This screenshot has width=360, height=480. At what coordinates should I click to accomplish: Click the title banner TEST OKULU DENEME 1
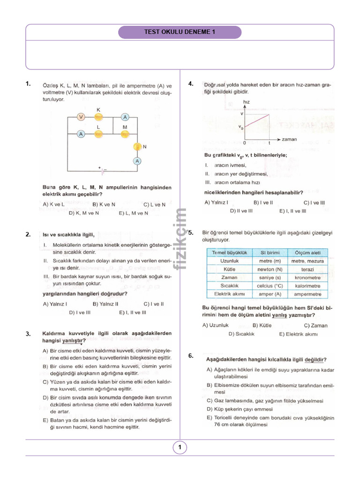180,32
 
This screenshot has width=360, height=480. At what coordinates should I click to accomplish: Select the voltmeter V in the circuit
81,117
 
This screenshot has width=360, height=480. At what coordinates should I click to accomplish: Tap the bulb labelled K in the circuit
98,117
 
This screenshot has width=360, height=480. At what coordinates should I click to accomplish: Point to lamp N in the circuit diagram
138,147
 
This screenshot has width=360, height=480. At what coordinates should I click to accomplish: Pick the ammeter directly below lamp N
138,161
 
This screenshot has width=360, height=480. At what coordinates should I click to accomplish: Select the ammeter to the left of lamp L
81,134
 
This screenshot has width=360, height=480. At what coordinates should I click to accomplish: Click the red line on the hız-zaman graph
257,120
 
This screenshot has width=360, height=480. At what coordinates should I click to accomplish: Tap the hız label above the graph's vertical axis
247,102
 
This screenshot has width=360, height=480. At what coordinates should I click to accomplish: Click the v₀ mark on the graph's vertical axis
240,127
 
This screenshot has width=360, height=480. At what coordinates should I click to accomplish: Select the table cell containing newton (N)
270,270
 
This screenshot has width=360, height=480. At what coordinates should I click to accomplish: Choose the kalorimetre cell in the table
307,286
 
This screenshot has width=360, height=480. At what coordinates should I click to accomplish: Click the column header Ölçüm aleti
307,253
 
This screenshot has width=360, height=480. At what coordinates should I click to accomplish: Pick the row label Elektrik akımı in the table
230,294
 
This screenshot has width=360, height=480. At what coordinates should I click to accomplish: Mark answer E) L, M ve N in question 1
134,213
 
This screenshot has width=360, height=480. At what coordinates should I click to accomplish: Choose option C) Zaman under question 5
315,325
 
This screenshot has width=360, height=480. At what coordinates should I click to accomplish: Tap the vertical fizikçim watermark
180,239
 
